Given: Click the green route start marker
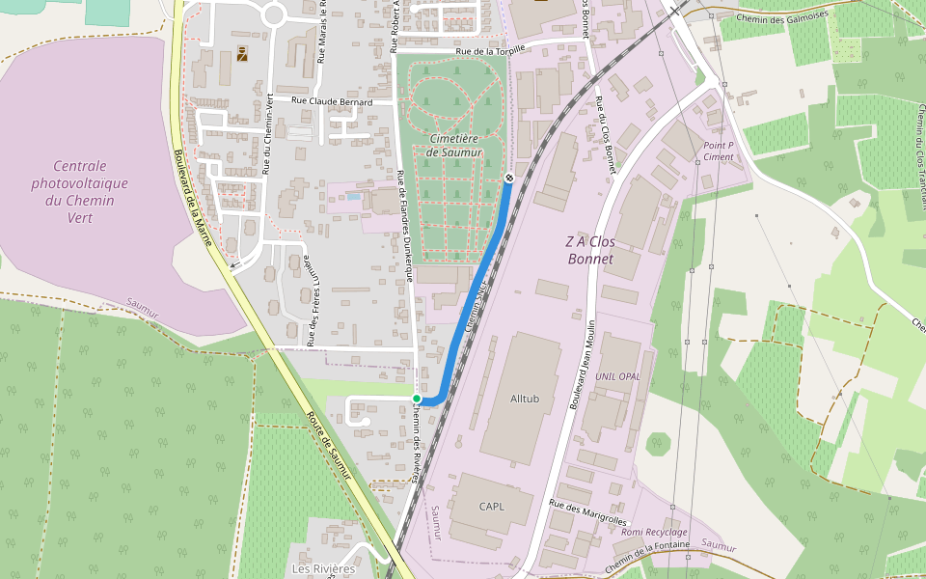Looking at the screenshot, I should [417, 398].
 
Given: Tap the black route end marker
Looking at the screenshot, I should [508, 177].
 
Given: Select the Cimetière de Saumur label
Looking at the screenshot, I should [453, 145].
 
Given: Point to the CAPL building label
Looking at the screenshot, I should [491, 506].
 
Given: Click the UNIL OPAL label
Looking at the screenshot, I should [617, 375].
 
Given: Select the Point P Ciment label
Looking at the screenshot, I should [719, 151].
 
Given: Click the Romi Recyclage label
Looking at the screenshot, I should [654, 532].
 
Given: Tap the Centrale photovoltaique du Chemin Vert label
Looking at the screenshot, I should [79, 191].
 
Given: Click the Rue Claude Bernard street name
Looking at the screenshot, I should [331, 100].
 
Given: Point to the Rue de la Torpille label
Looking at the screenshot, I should [491, 49].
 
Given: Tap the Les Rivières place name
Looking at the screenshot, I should [323, 568].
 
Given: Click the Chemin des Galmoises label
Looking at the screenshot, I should [781, 16].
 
